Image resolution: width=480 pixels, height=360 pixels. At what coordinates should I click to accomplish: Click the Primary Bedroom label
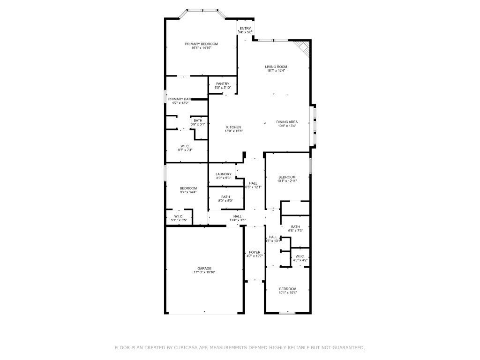201,44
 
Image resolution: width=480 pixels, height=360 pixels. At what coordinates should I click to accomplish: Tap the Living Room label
276,67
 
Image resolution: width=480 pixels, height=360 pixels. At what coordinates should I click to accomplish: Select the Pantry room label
223,83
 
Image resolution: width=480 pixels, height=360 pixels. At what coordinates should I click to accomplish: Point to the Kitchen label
233,127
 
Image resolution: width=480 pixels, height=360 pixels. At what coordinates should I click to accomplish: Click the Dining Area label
287,122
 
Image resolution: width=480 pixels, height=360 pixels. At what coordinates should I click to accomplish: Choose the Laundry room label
223,174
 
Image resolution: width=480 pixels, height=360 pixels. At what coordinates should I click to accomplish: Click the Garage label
204,269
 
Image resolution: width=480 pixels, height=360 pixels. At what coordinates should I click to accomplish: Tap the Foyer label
255,252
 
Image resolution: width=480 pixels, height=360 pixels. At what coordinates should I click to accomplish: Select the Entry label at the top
245,28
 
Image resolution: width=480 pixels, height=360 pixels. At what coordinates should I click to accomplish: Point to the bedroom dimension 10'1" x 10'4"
287,293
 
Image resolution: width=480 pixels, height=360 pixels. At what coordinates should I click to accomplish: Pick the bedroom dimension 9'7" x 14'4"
188,192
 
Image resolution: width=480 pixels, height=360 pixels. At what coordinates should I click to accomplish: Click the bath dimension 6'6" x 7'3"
295,231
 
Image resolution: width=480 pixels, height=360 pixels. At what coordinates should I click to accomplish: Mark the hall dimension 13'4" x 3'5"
237,220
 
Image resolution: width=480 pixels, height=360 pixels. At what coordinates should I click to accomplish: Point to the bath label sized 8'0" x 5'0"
225,197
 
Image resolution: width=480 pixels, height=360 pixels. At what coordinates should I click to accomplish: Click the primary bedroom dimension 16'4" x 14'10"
201,48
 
